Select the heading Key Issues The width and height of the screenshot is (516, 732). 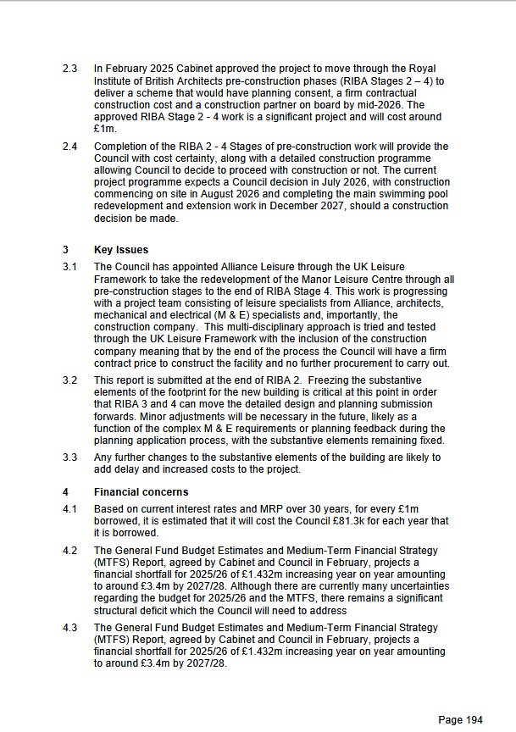click(120, 250)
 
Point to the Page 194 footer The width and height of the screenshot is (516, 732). click(460, 720)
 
